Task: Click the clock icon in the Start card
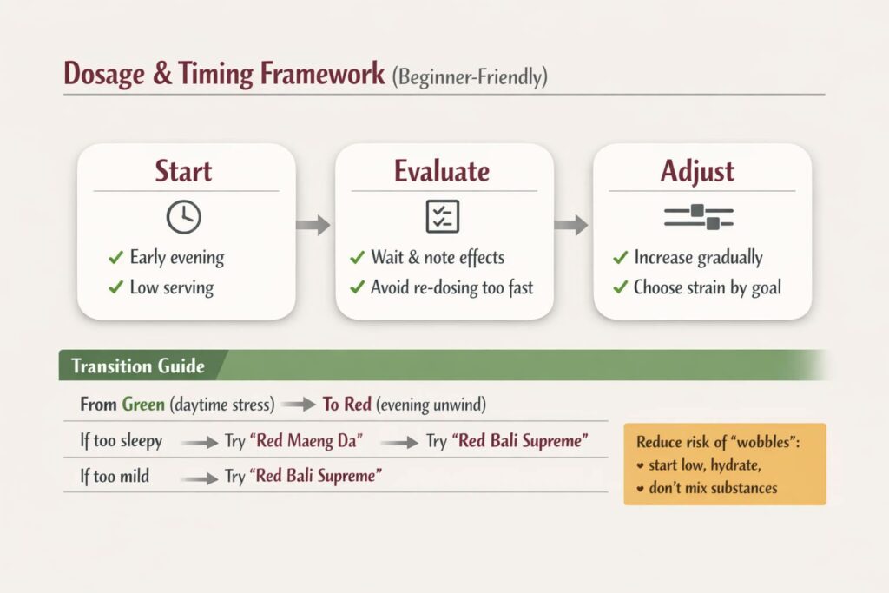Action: (x=184, y=216)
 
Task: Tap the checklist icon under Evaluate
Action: (x=442, y=216)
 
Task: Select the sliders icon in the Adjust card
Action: (x=699, y=217)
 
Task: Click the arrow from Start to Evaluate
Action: (x=313, y=225)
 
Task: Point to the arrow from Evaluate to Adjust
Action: (x=571, y=225)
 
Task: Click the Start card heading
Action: (x=183, y=171)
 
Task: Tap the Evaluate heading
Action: (x=442, y=171)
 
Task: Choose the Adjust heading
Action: (x=697, y=172)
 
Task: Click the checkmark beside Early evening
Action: (x=115, y=257)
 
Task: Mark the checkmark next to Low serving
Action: (x=115, y=287)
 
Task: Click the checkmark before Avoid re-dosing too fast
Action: (x=357, y=287)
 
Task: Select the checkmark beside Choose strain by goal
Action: (x=620, y=287)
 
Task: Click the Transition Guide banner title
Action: (x=138, y=366)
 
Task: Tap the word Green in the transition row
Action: (x=143, y=405)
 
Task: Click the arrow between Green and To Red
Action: (x=299, y=405)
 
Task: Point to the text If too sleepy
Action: (x=122, y=440)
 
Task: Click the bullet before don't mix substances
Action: (x=640, y=488)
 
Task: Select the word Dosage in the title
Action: (x=104, y=75)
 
